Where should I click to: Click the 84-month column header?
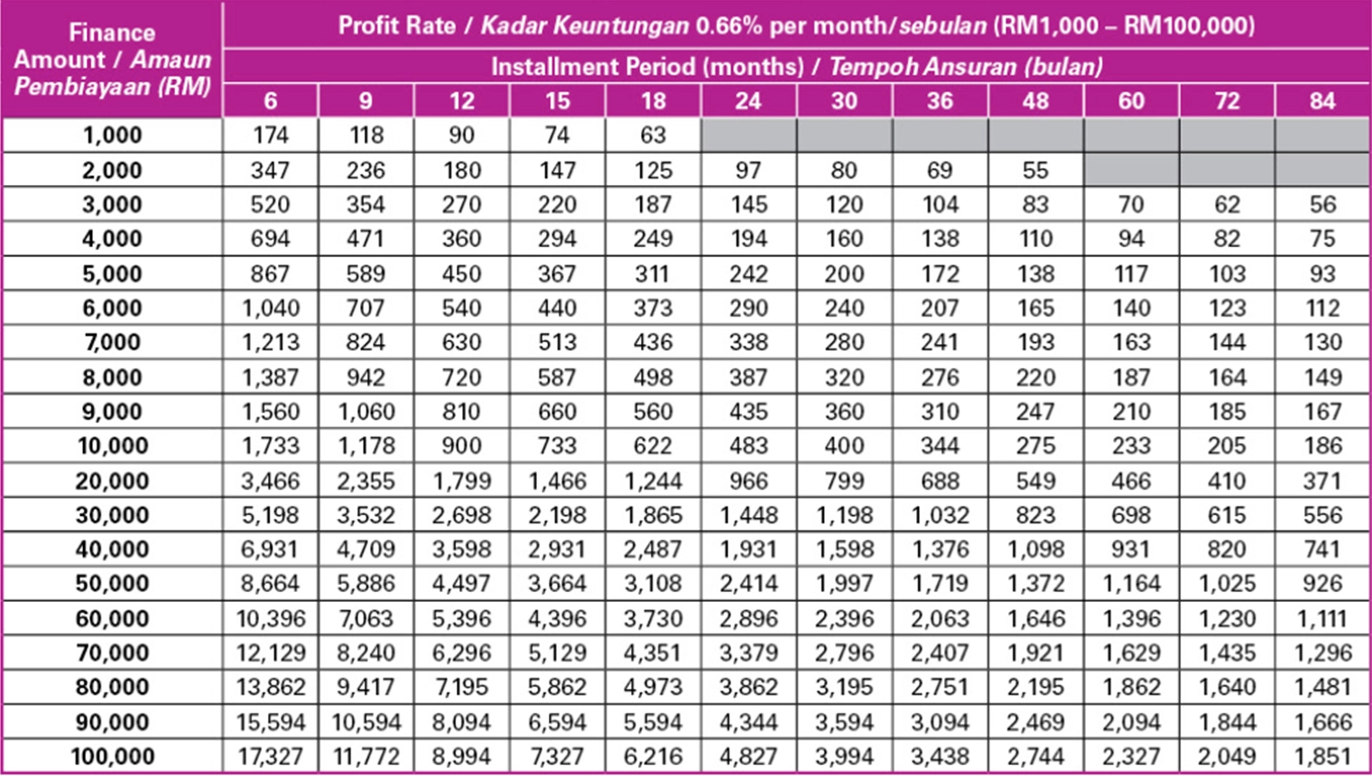point(1322,100)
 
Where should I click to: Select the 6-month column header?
point(270,100)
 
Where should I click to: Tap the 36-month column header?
point(940,100)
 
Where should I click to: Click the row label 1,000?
point(112,135)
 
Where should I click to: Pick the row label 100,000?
point(112,756)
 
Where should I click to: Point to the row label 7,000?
point(112,343)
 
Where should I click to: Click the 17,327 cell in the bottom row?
point(270,756)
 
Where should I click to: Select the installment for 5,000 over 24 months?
point(748,273)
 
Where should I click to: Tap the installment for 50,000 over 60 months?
point(1131,584)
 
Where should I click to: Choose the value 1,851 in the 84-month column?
point(1322,756)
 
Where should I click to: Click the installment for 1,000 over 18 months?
point(653,135)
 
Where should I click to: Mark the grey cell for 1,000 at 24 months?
point(748,135)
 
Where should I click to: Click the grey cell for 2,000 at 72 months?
point(1227,170)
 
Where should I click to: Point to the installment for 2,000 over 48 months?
point(1035,170)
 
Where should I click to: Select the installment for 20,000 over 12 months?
point(461,481)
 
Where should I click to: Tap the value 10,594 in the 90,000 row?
point(366,722)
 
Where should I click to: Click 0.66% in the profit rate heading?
point(729,25)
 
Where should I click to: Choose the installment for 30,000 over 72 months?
point(1227,515)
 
